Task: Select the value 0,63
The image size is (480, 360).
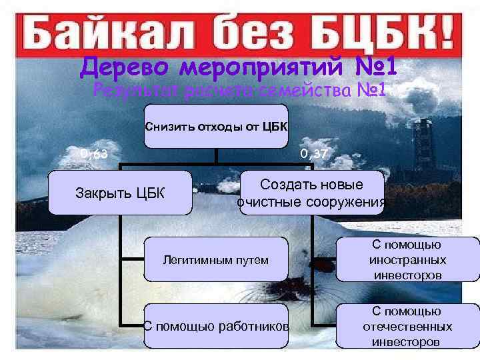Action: tap(95, 155)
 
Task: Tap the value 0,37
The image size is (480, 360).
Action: tap(313, 155)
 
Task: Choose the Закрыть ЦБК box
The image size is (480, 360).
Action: tap(119, 193)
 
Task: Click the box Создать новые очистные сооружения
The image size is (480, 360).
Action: tap(312, 193)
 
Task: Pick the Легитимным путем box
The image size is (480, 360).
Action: tap(216, 260)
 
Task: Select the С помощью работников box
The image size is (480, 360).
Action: tap(216, 326)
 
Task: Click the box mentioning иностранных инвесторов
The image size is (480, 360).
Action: tap(407, 259)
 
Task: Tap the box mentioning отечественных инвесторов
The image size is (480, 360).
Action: tap(407, 326)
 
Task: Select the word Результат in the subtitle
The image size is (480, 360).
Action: tap(137, 90)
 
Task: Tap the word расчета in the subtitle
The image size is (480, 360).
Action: tap(214, 90)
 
